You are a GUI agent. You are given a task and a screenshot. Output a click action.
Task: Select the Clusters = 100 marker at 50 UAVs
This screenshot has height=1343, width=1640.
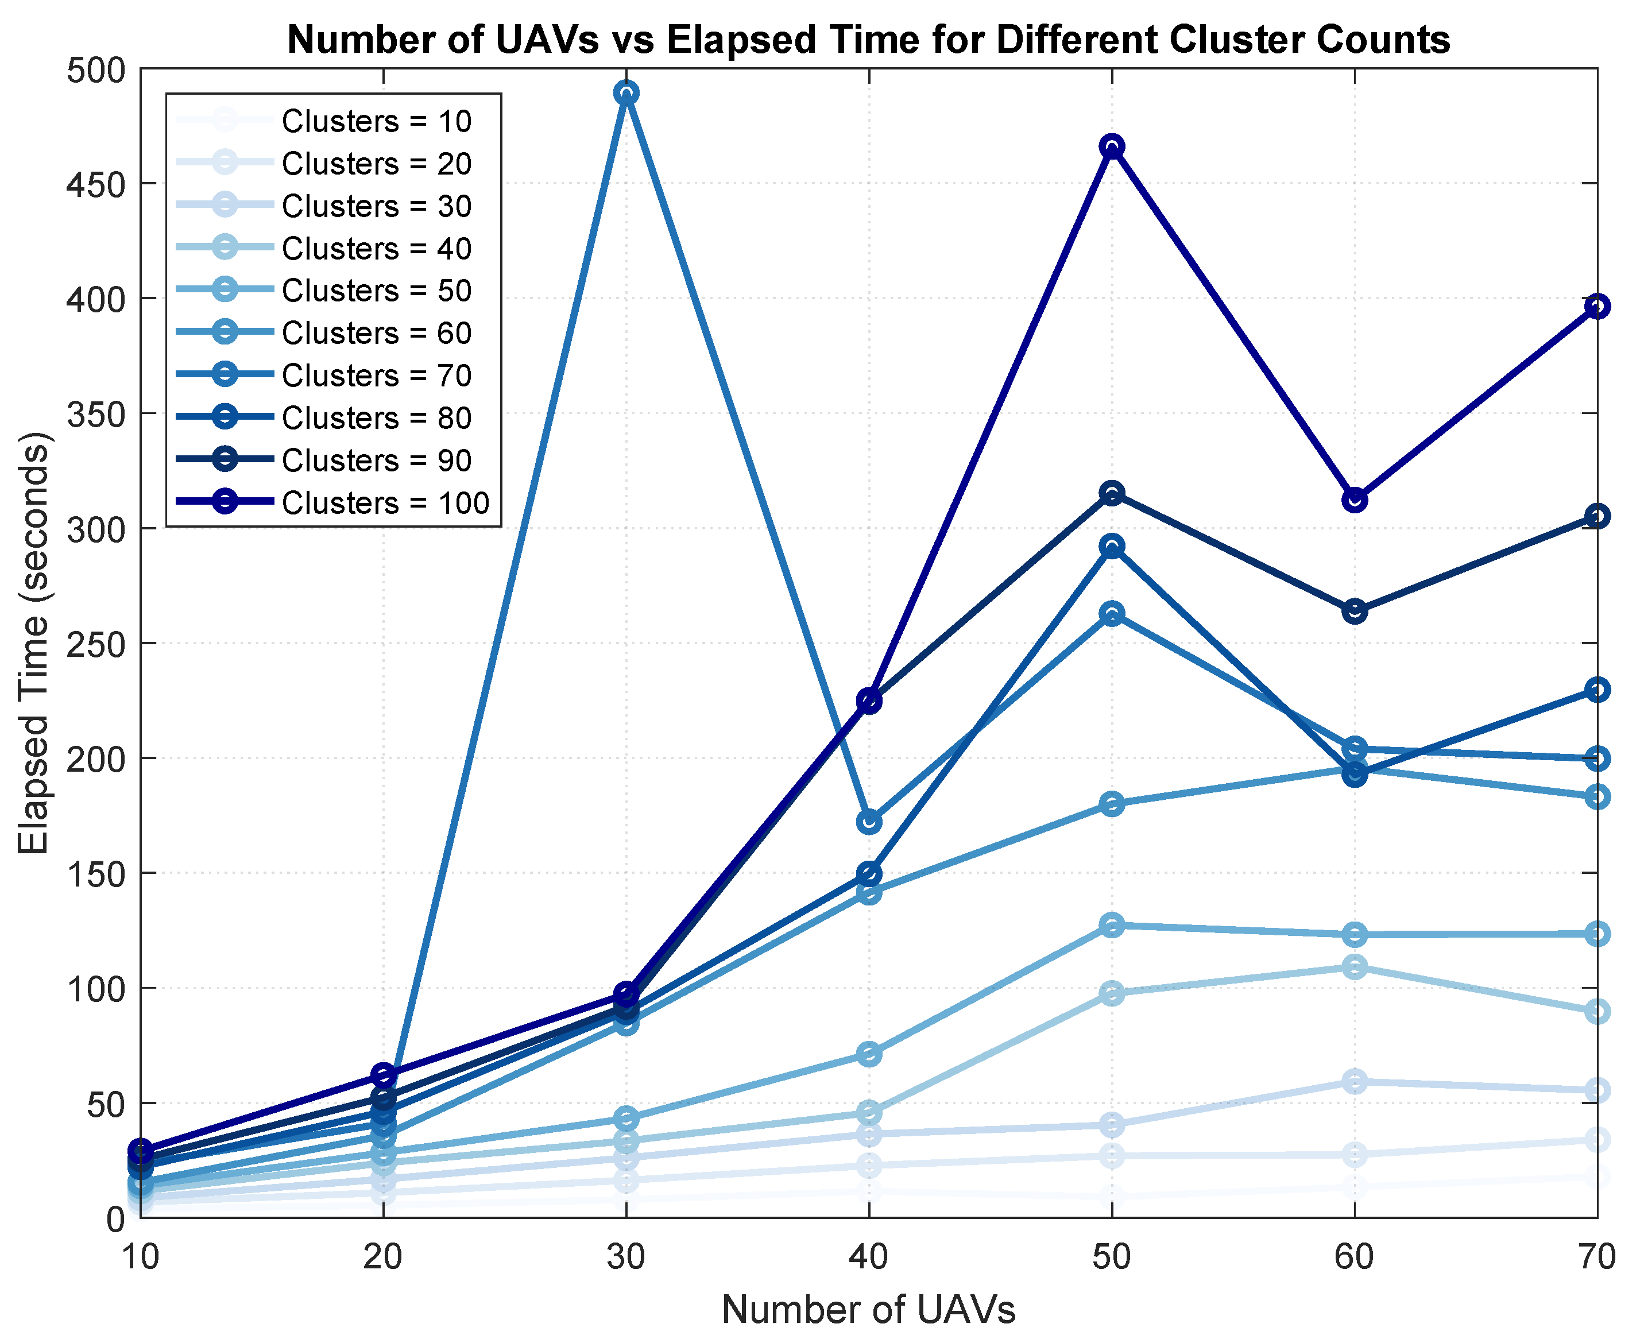(x=1112, y=146)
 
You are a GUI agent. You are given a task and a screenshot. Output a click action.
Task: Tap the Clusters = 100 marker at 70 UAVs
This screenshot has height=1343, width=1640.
(x=1597, y=307)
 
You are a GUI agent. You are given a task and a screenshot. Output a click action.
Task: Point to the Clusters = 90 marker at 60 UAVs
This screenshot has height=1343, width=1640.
(x=1355, y=611)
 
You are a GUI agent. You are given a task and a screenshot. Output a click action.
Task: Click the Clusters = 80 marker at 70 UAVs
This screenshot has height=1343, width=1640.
(x=1597, y=689)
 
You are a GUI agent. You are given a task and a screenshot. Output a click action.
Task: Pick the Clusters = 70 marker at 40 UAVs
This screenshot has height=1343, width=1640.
(x=869, y=821)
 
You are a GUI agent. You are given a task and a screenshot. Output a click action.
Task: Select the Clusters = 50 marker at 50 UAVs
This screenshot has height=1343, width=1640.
(x=1112, y=924)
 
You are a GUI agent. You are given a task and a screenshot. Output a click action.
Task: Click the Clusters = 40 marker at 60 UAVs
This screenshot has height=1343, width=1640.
(x=1355, y=967)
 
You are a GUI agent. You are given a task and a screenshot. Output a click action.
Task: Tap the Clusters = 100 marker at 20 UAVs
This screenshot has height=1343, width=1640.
(x=384, y=1074)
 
